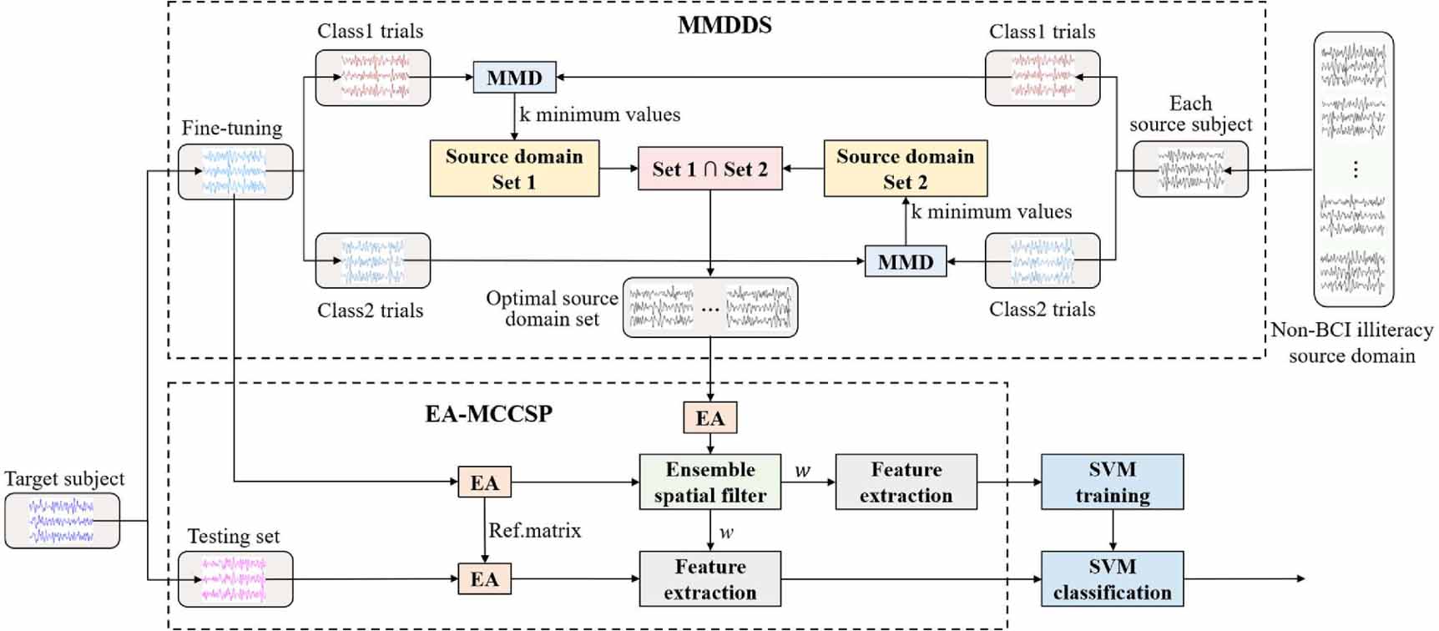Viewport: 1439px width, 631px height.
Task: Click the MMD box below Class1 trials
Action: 514,78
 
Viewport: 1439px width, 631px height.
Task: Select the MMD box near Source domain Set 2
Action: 905,262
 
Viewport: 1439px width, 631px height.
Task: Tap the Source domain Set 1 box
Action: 514,169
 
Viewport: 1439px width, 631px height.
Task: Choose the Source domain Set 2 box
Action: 905,169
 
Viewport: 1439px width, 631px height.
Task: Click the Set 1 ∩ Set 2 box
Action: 709,169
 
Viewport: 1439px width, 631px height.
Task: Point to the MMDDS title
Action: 725,26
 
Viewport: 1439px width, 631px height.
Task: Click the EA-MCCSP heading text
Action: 488,413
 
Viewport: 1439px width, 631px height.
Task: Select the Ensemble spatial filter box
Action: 709,482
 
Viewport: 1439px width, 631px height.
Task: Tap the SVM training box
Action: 1112,482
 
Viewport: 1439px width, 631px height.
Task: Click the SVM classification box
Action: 1112,579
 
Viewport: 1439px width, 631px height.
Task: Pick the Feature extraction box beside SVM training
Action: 906,482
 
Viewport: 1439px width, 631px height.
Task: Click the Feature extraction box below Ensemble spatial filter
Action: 709,579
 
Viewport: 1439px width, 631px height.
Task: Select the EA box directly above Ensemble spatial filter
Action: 709,418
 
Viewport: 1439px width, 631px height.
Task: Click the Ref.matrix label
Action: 534,531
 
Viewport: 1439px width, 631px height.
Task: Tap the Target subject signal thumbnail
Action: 62,521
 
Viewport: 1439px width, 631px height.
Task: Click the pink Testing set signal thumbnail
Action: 235,579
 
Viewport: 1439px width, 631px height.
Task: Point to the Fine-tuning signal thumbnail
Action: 235,172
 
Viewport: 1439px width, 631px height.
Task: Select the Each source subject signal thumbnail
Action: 1190,169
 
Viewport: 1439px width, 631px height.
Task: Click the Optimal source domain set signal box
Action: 709,308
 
